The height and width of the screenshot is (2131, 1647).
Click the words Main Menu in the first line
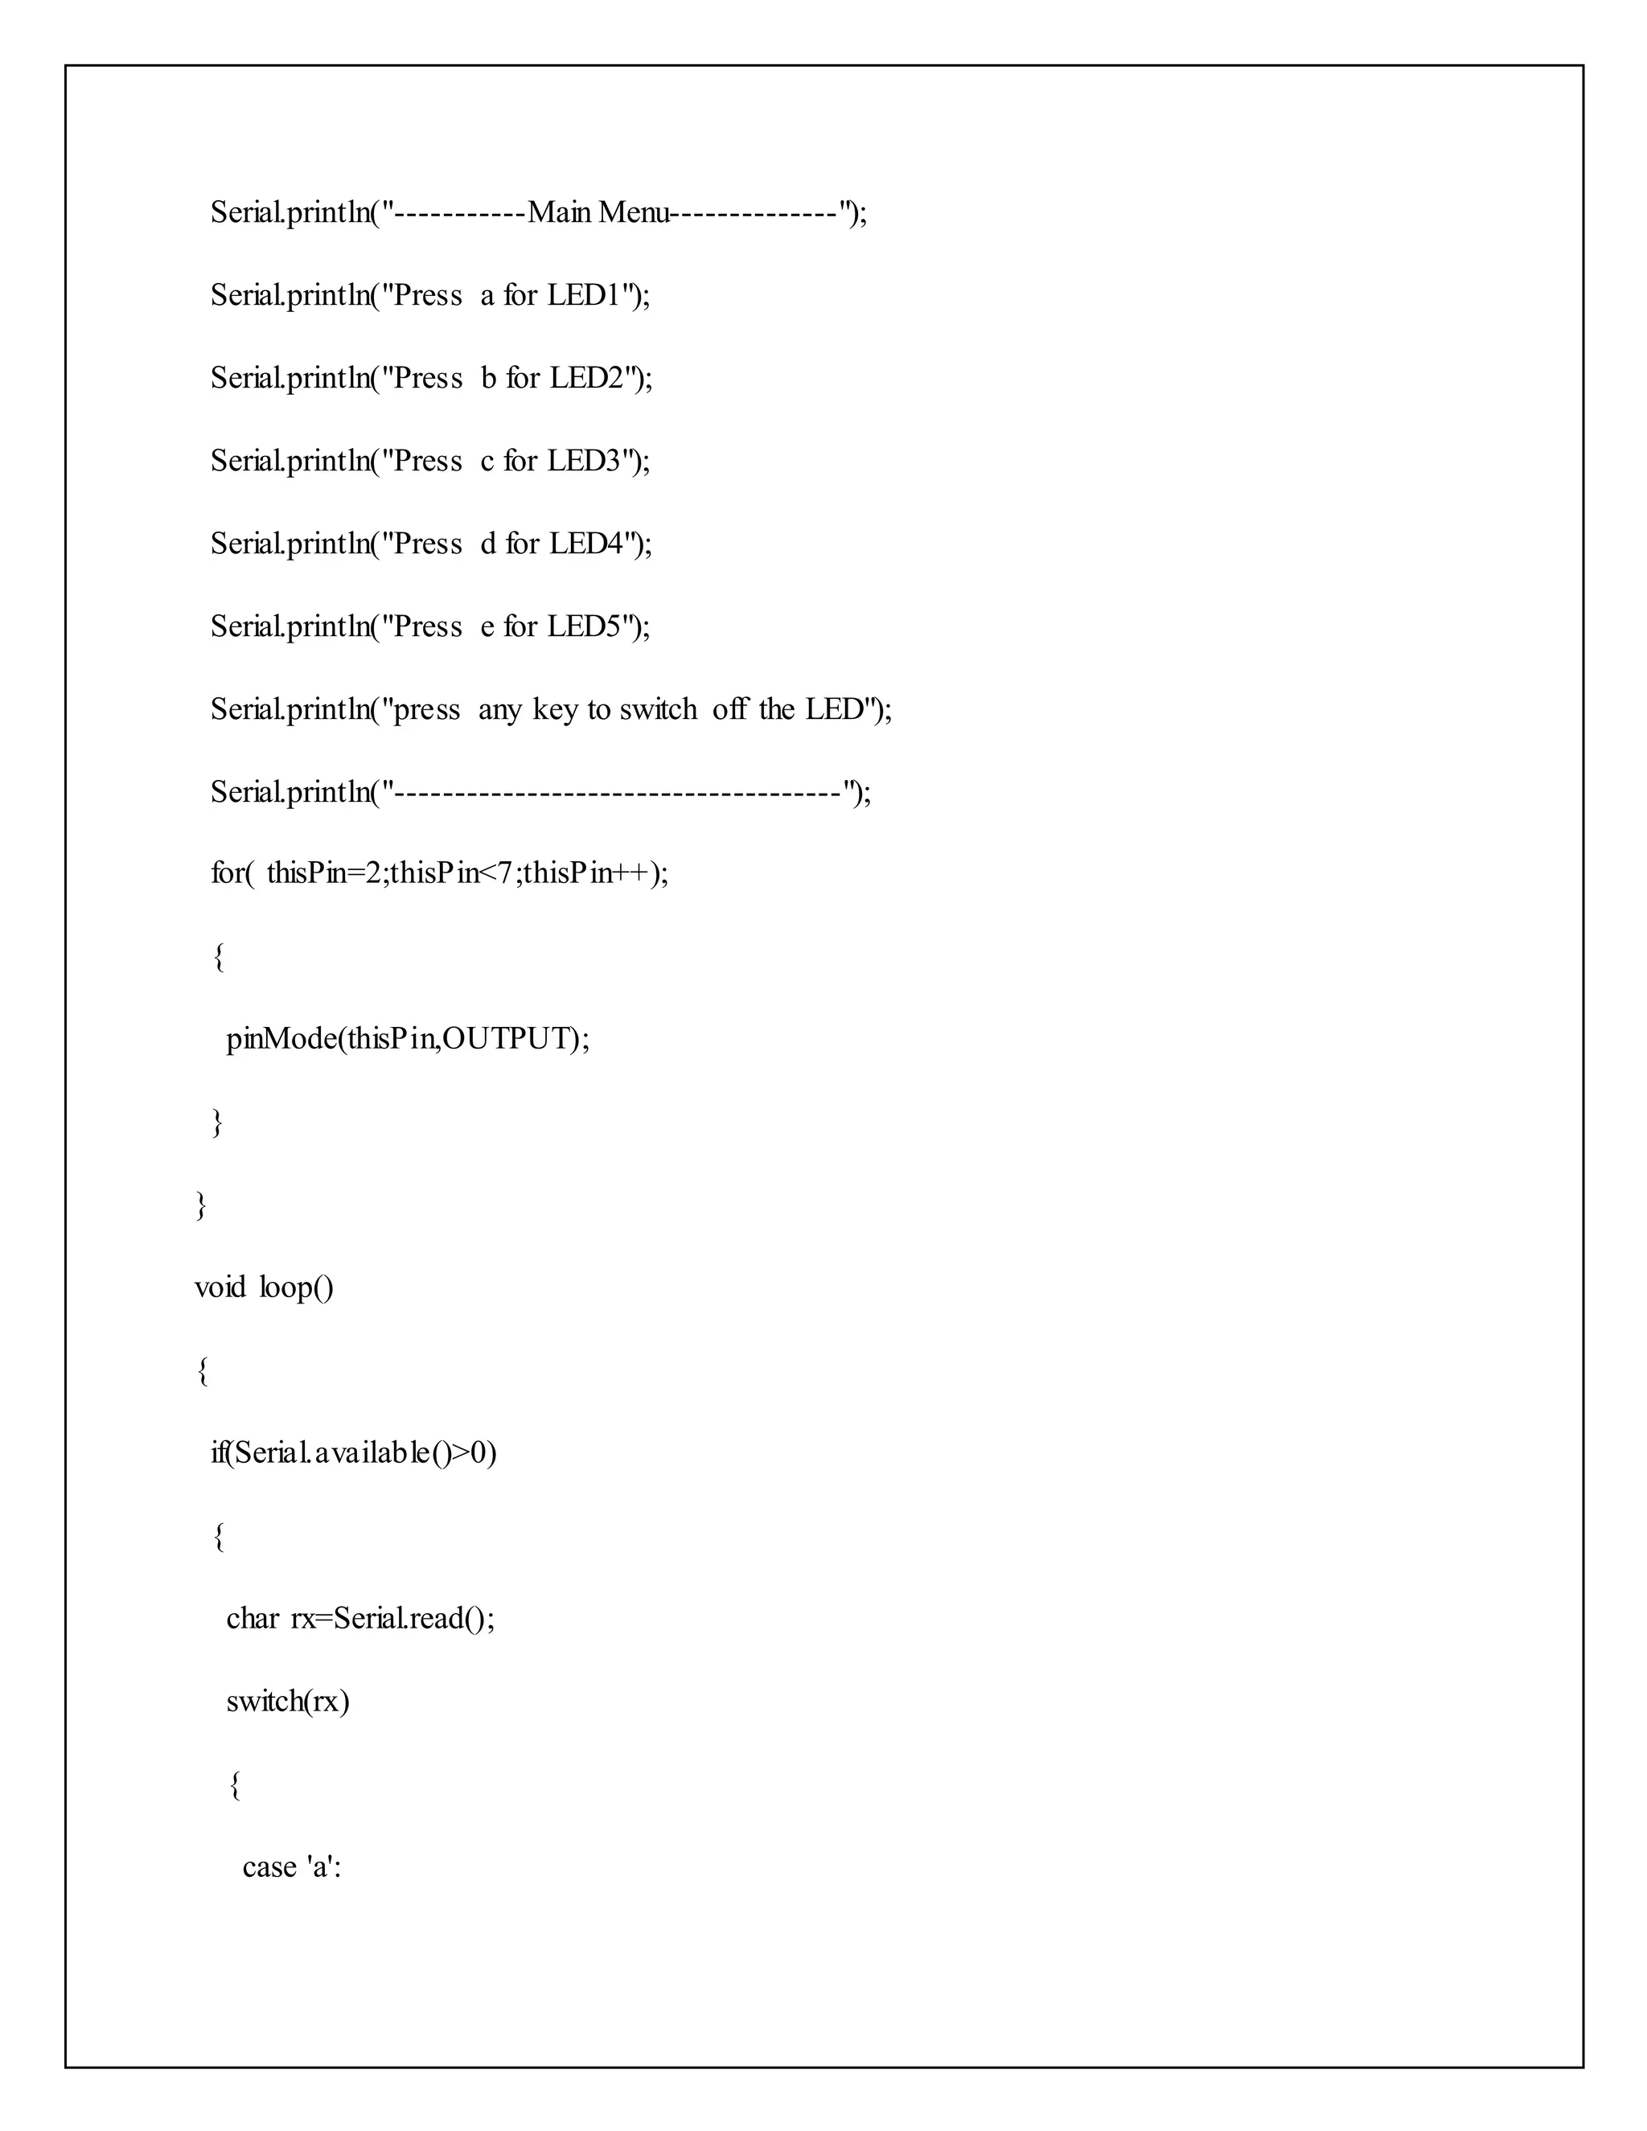[x=598, y=211]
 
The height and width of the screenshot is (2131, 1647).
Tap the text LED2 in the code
[x=586, y=378]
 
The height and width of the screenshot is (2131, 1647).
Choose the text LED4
[x=586, y=544]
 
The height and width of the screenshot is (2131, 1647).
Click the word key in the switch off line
[x=555, y=710]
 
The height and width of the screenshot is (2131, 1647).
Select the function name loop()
[x=297, y=1288]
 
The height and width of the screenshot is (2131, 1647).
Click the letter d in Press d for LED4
[x=489, y=544]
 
